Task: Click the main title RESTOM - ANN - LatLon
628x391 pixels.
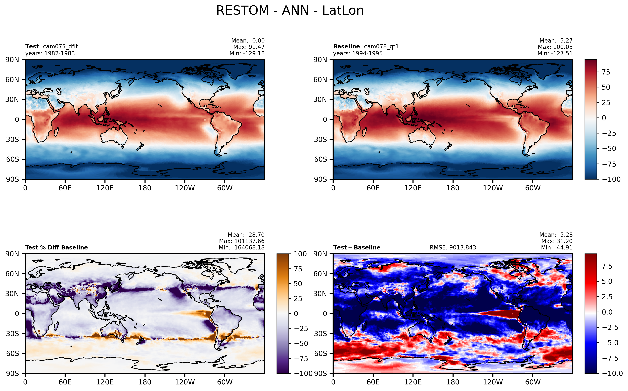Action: (x=290, y=11)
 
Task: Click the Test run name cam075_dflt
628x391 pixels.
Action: (x=60, y=47)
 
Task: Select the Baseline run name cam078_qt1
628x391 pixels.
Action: (x=381, y=47)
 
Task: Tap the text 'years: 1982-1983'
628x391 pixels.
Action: (x=50, y=53)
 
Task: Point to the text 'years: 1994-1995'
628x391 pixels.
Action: (x=358, y=53)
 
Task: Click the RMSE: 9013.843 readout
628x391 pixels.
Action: (x=453, y=247)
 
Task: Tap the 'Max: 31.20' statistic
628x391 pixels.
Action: (x=557, y=241)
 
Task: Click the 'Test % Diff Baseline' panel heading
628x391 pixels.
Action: (x=56, y=247)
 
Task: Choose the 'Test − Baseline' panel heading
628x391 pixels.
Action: (x=357, y=247)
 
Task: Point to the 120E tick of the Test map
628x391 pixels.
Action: (x=105, y=188)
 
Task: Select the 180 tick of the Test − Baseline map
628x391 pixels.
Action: (x=453, y=382)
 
